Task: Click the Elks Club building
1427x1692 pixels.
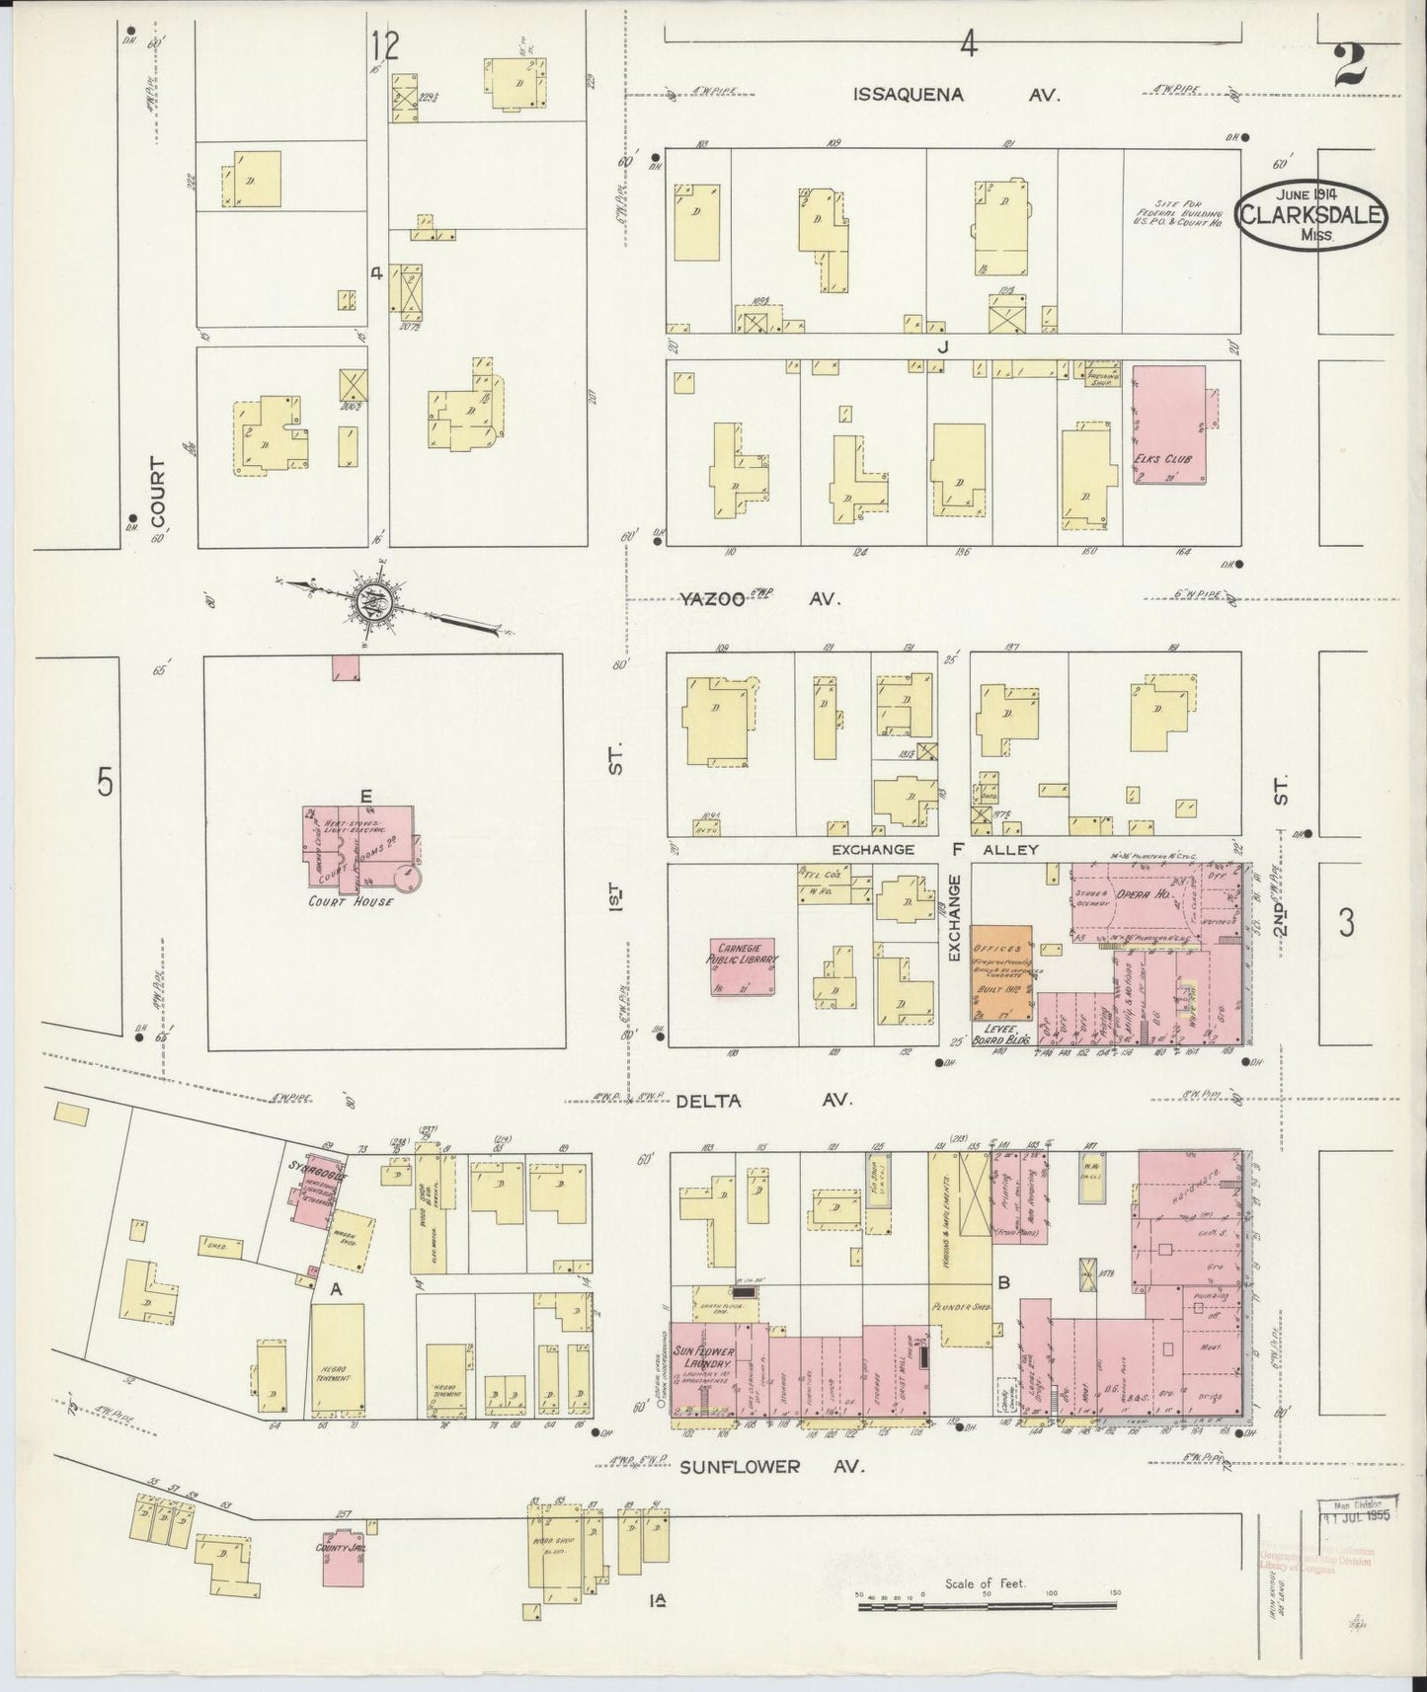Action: click(x=1169, y=426)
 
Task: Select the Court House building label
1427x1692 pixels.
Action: click(x=363, y=901)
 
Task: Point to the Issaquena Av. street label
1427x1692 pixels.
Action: click(x=955, y=95)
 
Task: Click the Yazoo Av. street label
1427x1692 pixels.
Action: click(x=758, y=598)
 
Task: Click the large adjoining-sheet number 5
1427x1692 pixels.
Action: click(x=105, y=782)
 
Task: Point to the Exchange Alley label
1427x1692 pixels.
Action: click(x=933, y=849)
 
